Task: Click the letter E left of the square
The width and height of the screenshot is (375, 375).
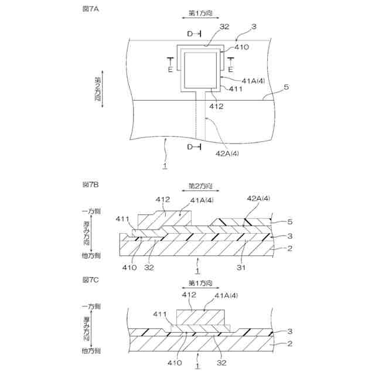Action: pos(171,69)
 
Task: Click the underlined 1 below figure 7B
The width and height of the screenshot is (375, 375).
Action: pos(197,271)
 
